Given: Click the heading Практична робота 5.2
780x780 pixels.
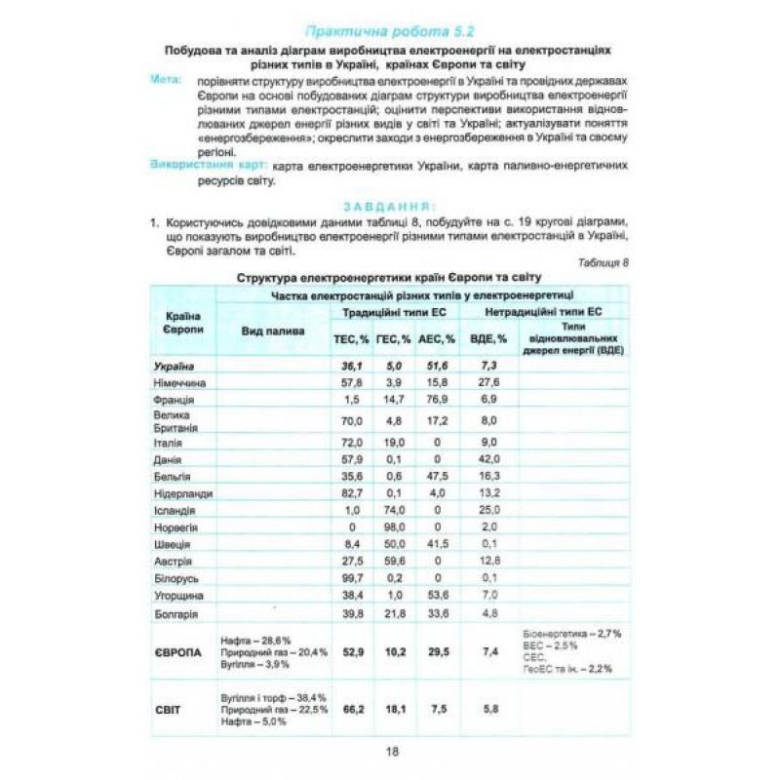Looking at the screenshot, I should click(389, 30).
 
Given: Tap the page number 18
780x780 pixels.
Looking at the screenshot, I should click(391, 750).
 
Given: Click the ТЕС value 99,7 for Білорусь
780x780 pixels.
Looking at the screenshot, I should click(352, 577).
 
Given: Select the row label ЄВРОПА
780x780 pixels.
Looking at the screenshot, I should click(179, 650).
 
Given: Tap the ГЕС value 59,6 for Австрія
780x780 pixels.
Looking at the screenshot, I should click(394, 560).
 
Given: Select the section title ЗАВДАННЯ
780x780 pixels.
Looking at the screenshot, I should click(389, 207).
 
